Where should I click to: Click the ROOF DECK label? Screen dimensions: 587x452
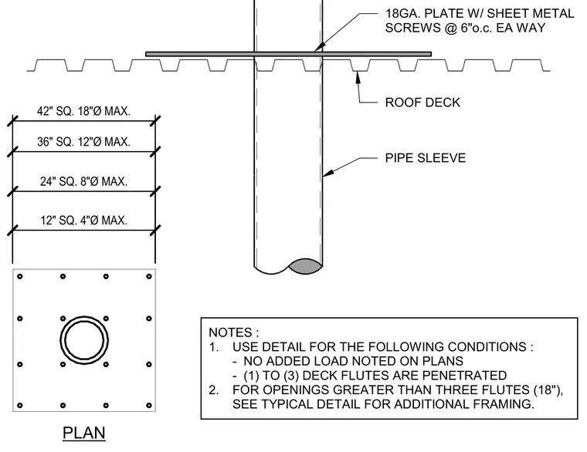click(x=422, y=103)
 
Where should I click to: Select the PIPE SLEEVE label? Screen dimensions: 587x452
click(x=426, y=158)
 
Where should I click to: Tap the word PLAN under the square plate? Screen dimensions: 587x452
click(x=84, y=433)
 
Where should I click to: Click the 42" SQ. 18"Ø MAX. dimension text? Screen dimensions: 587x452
click(x=83, y=111)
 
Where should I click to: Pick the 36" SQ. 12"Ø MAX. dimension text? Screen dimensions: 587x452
click(x=83, y=142)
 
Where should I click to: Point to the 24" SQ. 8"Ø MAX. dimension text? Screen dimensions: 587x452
click(x=84, y=181)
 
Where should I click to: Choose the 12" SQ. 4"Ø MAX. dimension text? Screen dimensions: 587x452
click(x=84, y=220)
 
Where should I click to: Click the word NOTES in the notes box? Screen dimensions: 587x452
click(x=230, y=332)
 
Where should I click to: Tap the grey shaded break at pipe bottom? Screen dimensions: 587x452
click(x=305, y=266)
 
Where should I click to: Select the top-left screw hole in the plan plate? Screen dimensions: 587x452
click(x=20, y=276)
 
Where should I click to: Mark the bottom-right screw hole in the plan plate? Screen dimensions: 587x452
click(x=149, y=405)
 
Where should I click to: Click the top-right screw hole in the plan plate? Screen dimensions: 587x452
click(x=149, y=276)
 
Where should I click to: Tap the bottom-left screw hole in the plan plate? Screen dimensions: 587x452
click(x=20, y=405)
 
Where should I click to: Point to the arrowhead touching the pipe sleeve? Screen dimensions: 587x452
click(x=328, y=173)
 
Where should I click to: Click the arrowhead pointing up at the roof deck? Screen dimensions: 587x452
click(x=358, y=77)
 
